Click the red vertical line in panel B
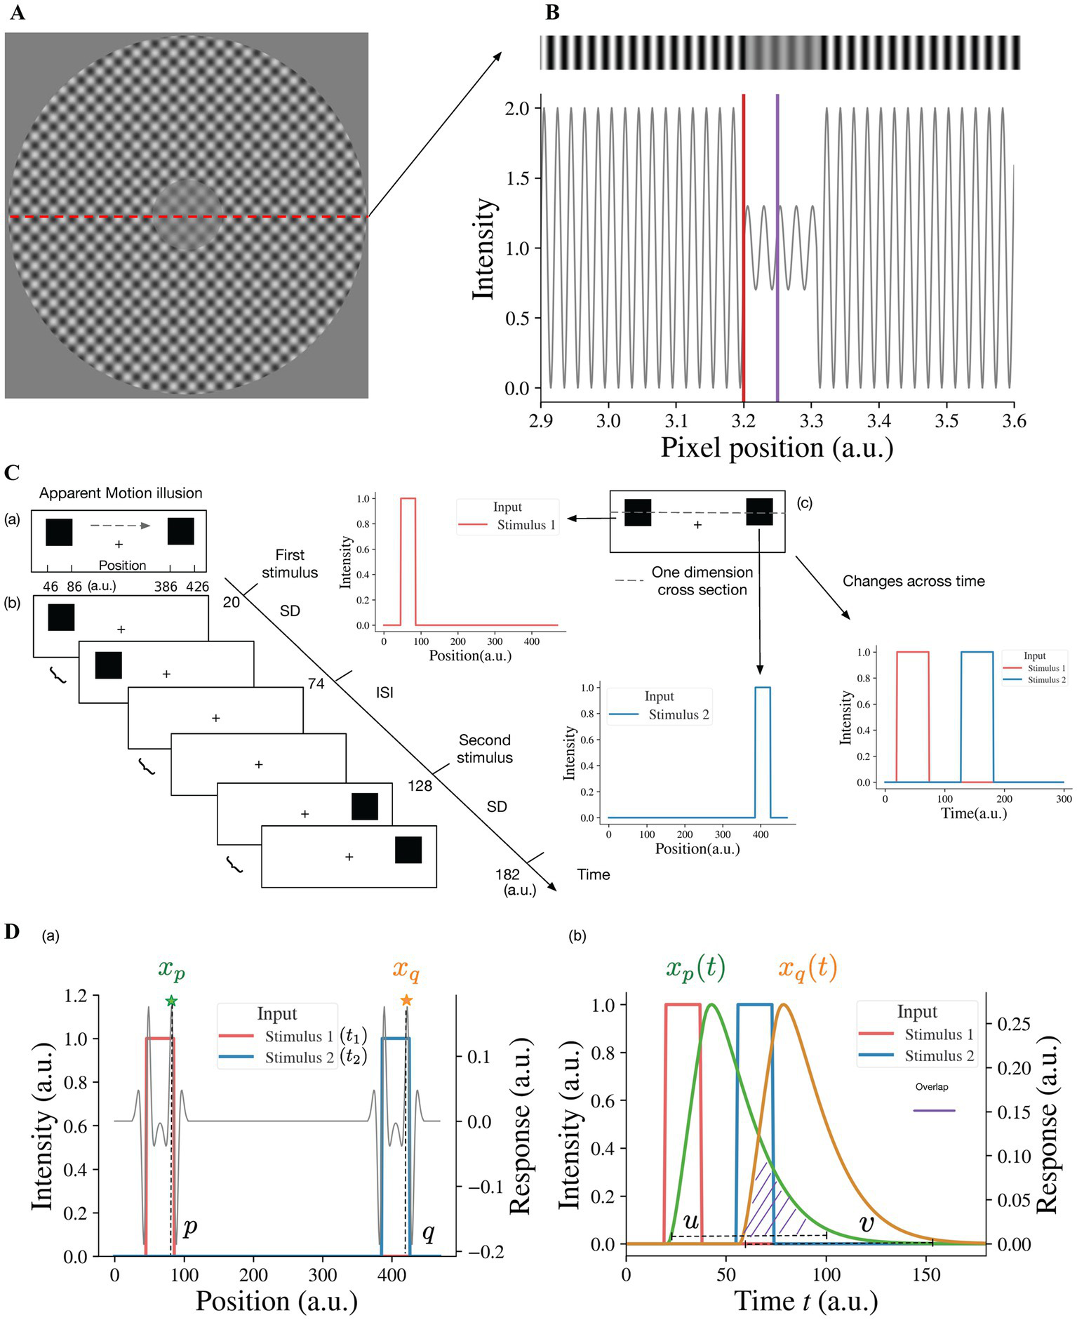(x=743, y=246)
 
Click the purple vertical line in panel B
(x=777, y=246)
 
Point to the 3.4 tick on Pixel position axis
(x=879, y=420)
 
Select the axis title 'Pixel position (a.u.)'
(x=777, y=448)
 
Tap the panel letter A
(x=17, y=13)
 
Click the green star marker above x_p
(x=171, y=1001)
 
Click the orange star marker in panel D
(x=406, y=1000)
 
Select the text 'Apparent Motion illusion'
(x=121, y=493)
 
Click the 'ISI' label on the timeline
(x=384, y=693)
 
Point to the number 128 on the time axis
(x=420, y=786)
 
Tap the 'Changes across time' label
(x=914, y=581)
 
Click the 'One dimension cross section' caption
(x=702, y=581)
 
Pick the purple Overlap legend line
(x=934, y=1111)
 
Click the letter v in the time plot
(x=867, y=1224)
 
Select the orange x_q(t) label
(x=807, y=968)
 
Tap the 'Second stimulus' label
(x=484, y=749)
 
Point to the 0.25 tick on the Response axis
(x=1014, y=1025)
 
